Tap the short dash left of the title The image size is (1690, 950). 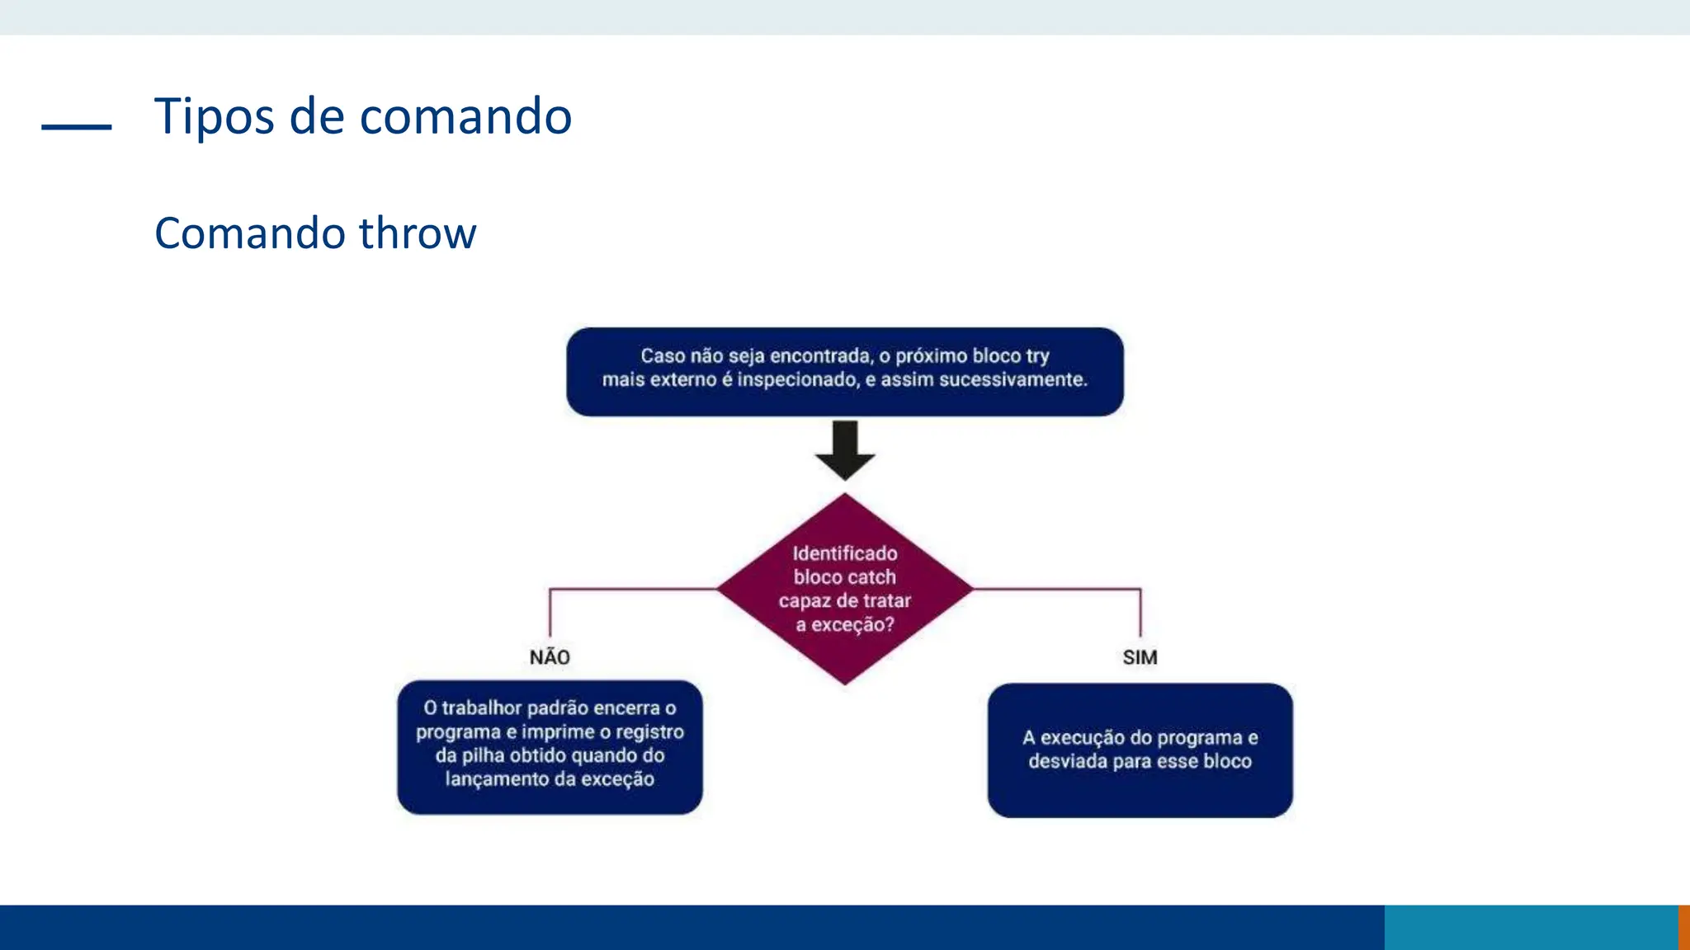(x=77, y=127)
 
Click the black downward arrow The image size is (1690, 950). (x=845, y=449)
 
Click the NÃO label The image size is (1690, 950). (x=550, y=657)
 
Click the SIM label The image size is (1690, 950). (x=1140, y=657)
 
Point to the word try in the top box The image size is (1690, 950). (x=1037, y=356)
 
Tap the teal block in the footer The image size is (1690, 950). (x=1531, y=927)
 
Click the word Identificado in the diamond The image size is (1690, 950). (x=845, y=553)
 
